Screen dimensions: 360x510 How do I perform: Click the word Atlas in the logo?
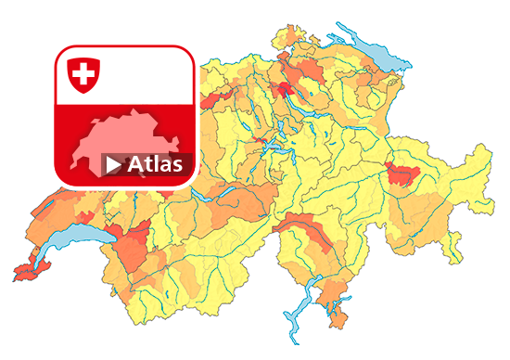pos(155,165)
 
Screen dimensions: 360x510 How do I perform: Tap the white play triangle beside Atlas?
pos(113,165)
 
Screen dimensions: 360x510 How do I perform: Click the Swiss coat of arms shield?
pos(83,73)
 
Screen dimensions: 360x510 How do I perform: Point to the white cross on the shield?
pos(83,72)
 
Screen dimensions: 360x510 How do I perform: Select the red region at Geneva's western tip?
pos(26,272)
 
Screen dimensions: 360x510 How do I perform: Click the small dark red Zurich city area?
pos(283,89)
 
